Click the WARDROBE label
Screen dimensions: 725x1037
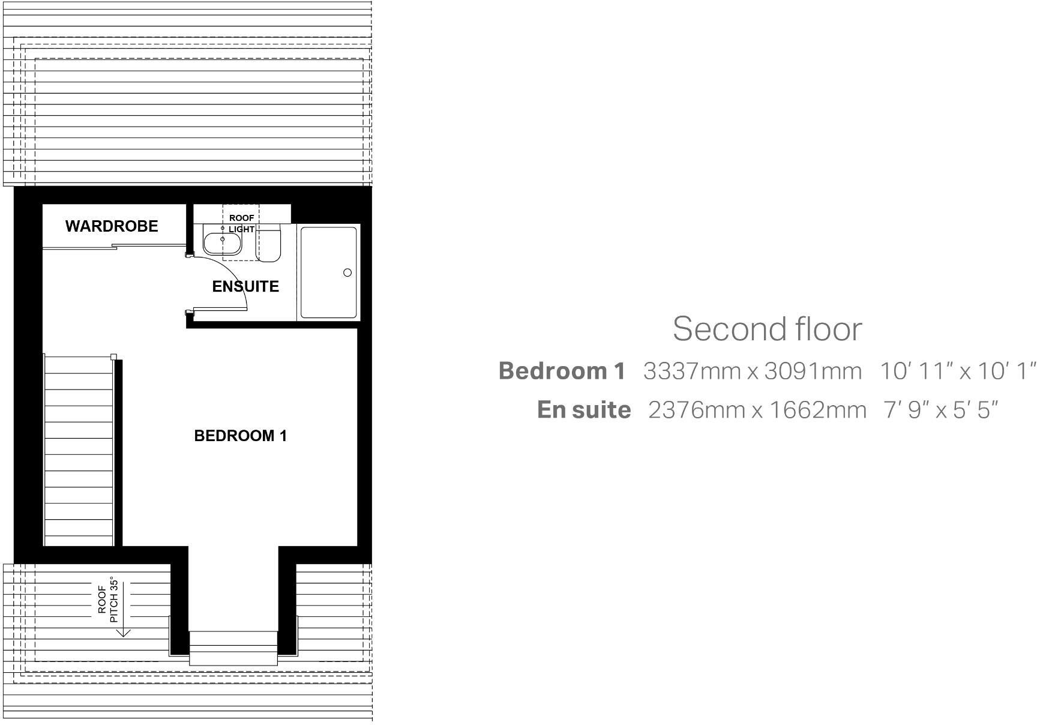pos(112,226)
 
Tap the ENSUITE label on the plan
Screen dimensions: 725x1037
pos(245,286)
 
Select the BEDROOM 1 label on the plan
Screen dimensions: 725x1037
pos(240,436)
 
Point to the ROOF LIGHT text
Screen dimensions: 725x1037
pos(241,223)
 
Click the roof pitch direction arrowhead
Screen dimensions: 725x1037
pos(123,632)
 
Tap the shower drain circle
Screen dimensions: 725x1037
pos(347,272)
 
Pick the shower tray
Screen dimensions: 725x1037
pos(328,272)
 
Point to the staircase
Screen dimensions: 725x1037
pos(79,450)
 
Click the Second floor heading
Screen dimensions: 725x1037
pos(767,328)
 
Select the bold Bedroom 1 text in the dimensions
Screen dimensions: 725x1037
pos(562,371)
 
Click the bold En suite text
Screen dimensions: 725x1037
pos(584,410)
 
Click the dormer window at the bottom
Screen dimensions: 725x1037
pos(233,648)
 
